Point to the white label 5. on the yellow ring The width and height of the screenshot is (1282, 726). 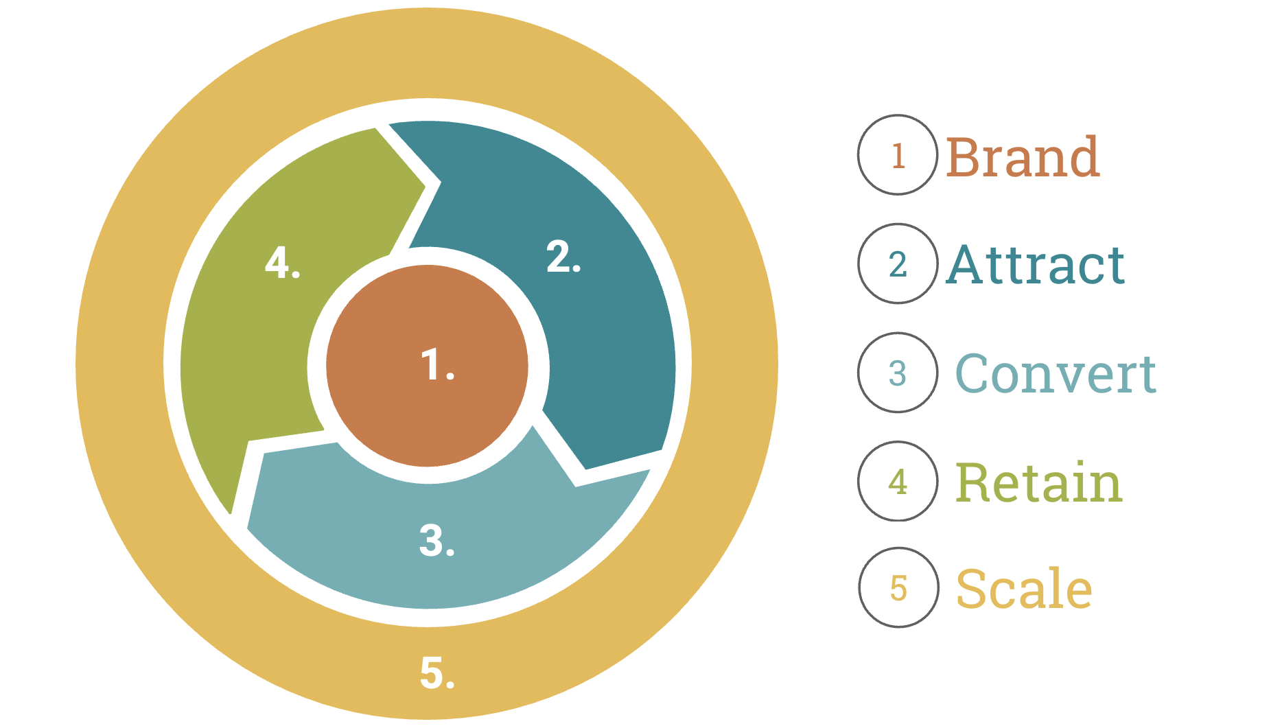[x=437, y=672]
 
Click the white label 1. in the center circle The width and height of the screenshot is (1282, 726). [x=437, y=364]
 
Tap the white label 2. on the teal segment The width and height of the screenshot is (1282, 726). [x=563, y=258]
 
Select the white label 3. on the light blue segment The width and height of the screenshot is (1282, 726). [x=437, y=541]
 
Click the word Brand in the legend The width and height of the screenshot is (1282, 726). [x=1023, y=157]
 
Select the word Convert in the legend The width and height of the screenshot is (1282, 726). [x=1056, y=374]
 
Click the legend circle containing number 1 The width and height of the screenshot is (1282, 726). [x=898, y=155]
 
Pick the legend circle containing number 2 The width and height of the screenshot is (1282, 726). [x=898, y=264]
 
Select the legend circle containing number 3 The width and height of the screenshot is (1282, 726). [x=898, y=373]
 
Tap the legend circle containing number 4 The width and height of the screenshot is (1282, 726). [x=898, y=481]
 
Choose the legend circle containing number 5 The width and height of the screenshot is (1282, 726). [x=898, y=587]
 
